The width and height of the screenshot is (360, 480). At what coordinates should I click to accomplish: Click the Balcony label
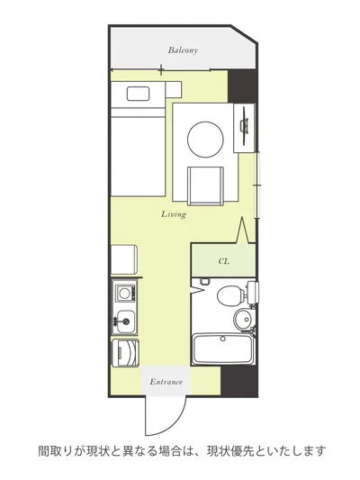pyautogui.click(x=183, y=50)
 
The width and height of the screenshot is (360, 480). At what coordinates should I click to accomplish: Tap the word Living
pyautogui.click(x=174, y=214)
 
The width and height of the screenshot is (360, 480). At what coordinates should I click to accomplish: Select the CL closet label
pyautogui.click(x=223, y=261)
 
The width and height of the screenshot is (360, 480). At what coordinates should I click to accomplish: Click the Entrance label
pyautogui.click(x=166, y=382)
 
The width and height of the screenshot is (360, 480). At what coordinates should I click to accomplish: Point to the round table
pyautogui.click(x=205, y=140)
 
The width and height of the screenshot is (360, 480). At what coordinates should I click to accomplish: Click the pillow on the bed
pyautogui.click(x=138, y=94)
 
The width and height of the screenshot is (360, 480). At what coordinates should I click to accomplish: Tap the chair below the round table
pyautogui.click(x=205, y=186)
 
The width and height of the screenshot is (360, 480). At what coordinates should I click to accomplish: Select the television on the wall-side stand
pyautogui.click(x=245, y=126)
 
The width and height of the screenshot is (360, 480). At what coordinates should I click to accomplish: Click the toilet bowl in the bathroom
pyautogui.click(x=230, y=295)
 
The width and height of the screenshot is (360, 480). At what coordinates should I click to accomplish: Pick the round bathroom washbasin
pyautogui.click(x=244, y=319)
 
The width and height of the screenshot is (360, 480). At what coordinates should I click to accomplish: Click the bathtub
pyautogui.click(x=223, y=349)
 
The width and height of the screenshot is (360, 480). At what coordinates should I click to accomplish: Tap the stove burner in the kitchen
pyautogui.click(x=124, y=293)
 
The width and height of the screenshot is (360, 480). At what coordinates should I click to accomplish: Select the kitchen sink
pyautogui.click(x=126, y=322)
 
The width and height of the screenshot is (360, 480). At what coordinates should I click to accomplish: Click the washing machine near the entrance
pyautogui.click(x=125, y=353)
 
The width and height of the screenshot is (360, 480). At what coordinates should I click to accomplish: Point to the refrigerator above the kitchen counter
pyautogui.click(x=124, y=259)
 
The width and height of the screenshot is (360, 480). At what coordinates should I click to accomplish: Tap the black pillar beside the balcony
pyautogui.click(x=241, y=86)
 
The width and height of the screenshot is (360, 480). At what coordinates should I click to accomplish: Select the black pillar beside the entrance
pyautogui.click(x=238, y=381)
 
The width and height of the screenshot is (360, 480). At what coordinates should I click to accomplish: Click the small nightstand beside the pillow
pyautogui.click(x=174, y=89)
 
